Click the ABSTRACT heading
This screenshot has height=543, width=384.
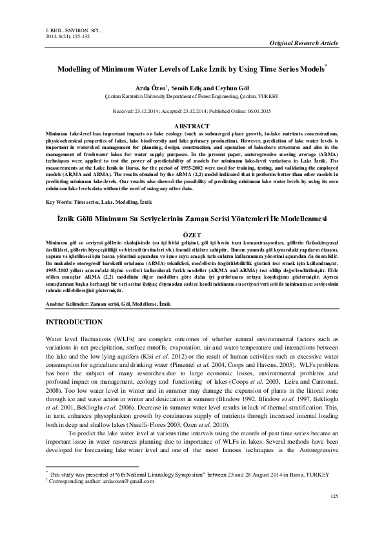[192, 126]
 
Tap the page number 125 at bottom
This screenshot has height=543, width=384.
[333, 513]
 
